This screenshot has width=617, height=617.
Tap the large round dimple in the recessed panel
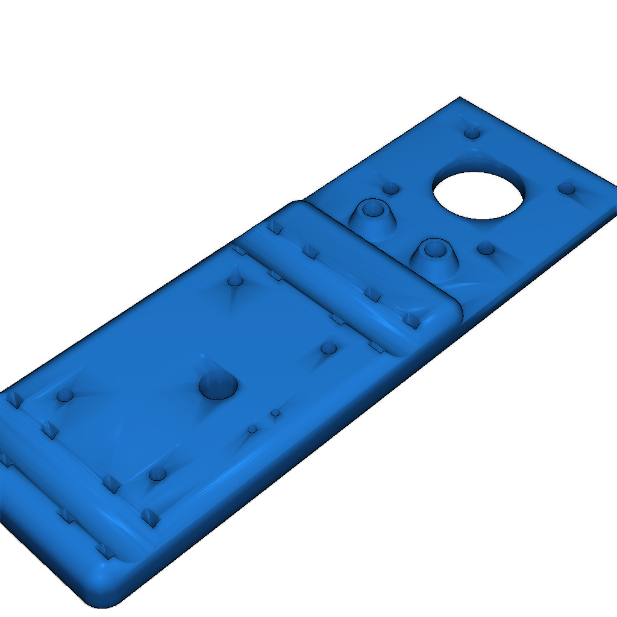(x=218, y=385)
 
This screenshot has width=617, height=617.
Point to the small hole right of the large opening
(x=566, y=189)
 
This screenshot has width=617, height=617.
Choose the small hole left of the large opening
(x=391, y=189)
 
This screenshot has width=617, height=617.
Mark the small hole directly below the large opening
(x=486, y=248)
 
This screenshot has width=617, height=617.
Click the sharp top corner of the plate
(x=460, y=98)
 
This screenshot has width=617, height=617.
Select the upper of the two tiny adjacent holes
(x=275, y=413)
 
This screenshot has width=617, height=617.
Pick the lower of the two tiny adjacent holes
(x=252, y=429)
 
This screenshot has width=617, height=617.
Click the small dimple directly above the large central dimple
(x=236, y=281)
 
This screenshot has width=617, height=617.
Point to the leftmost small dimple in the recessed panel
(x=64, y=396)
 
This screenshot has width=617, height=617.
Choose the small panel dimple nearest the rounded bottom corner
(x=157, y=473)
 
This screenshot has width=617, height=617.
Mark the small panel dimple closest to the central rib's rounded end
(x=328, y=348)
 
